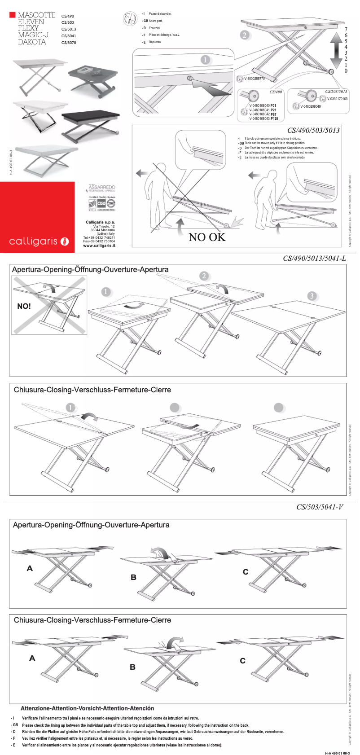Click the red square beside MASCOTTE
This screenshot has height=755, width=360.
click(x=13, y=15)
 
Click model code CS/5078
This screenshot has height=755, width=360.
click(x=69, y=43)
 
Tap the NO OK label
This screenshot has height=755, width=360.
click(x=207, y=237)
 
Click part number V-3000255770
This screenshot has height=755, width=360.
click(x=255, y=79)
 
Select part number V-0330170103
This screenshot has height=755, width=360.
click(x=337, y=99)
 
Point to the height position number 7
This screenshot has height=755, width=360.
click(x=346, y=29)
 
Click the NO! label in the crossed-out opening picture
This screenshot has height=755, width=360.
click(x=24, y=306)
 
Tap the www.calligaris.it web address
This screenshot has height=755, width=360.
click(x=99, y=246)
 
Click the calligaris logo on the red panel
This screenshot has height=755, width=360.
click(x=39, y=241)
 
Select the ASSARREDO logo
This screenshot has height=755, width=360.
click(x=102, y=188)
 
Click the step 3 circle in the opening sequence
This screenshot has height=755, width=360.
click(x=312, y=296)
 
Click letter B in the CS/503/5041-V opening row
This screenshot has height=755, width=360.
click(x=133, y=577)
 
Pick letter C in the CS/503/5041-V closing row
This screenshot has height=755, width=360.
click(x=243, y=660)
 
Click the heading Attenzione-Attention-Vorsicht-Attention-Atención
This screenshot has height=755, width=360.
click(x=87, y=708)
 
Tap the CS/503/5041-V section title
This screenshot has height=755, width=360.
click(x=320, y=507)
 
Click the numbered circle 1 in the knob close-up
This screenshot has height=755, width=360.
click(x=205, y=60)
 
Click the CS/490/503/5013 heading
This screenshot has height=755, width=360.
click(x=313, y=130)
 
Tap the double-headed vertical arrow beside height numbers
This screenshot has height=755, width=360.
click(x=335, y=50)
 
